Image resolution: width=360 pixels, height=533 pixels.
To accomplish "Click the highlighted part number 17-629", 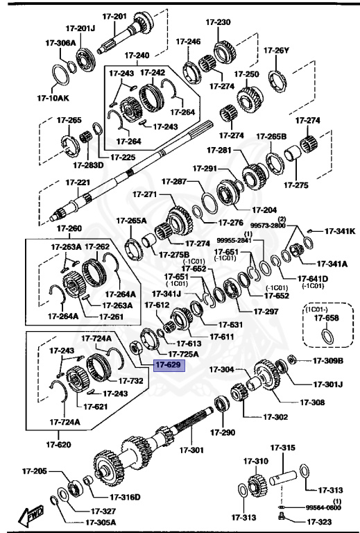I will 169,364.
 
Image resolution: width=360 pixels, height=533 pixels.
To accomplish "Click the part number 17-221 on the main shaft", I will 78,182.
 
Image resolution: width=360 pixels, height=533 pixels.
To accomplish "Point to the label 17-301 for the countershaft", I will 192,450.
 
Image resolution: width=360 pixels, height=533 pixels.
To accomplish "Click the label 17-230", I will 218,22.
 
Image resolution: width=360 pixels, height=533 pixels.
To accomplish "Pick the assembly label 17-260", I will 69,228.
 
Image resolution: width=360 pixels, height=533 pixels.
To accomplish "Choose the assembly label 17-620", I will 60,444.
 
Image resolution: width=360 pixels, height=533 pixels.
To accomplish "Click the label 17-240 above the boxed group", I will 137,55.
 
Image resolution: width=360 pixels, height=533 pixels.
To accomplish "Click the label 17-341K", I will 341,231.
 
